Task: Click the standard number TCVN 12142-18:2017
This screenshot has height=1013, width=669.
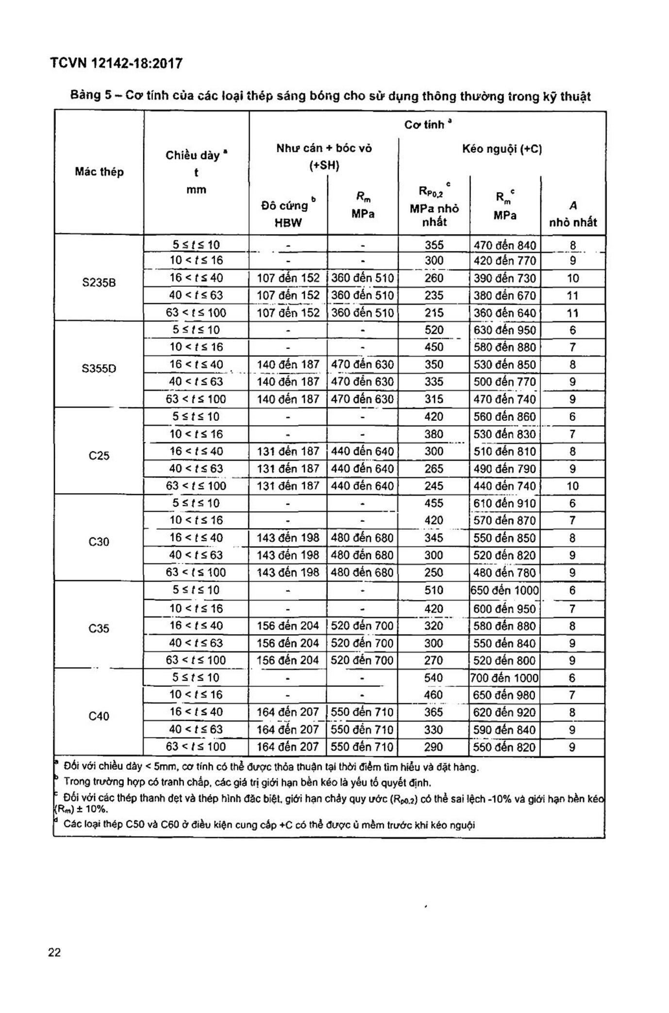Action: coord(116,64)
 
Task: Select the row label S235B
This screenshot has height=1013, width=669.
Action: coord(99,282)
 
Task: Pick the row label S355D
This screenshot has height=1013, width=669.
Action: coord(99,368)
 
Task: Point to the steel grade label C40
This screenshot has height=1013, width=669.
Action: coord(99,716)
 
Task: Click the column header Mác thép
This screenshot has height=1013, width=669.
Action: coord(99,172)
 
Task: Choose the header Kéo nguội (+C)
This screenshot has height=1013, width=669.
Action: coord(502,149)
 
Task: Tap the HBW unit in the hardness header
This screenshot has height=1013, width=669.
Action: coord(288,223)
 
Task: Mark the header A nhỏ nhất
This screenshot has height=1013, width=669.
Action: coord(573,214)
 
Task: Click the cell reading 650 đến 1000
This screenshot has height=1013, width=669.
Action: coord(504,590)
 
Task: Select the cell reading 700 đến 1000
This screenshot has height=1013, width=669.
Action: coord(504,678)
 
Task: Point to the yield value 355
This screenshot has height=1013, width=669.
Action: coord(434,245)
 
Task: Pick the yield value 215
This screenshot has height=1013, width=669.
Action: coord(434,313)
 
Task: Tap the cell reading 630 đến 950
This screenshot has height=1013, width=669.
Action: coord(504,330)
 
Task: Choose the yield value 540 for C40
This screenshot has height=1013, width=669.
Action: coord(434,678)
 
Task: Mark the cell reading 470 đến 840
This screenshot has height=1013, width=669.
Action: coord(504,245)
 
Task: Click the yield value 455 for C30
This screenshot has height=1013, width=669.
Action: coord(434,503)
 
